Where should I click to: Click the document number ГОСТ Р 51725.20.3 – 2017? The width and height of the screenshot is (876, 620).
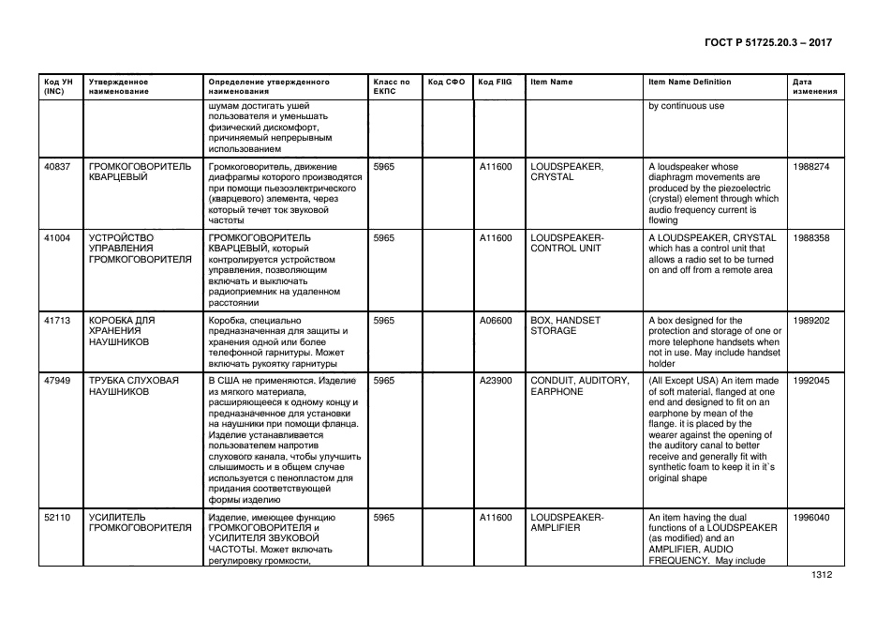(x=766, y=43)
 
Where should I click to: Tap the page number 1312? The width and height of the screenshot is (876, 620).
(x=822, y=579)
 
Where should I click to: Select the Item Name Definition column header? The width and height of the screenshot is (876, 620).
(x=690, y=83)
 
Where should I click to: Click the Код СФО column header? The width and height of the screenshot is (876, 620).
(x=446, y=83)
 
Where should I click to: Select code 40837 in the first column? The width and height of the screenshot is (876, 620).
(x=57, y=167)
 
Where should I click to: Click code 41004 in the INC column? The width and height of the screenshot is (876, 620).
(x=57, y=238)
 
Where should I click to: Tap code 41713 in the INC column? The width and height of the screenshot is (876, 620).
(x=57, y=321)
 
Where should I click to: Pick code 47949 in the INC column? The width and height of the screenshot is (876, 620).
(x=57, y=382)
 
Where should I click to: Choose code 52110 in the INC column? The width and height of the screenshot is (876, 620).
(x=57, y=518)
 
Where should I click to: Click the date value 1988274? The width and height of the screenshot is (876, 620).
(x=810, y=167)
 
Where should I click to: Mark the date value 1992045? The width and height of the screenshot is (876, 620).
(x=810, y=382)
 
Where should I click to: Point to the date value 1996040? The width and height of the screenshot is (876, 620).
(x=810, y=518)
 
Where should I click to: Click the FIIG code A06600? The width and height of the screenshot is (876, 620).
(x=496, y=321)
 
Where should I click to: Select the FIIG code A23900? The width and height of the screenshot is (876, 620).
(x=496, y=382)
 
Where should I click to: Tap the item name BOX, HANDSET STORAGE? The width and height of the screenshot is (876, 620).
(x=565, y=325)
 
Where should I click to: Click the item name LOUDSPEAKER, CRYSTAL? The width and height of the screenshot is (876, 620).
(x=566, y=172)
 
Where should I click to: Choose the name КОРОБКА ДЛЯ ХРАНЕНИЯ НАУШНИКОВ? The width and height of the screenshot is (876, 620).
(x=122, y=331)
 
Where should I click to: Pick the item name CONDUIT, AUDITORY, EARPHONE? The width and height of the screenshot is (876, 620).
(x=578, y=386)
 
